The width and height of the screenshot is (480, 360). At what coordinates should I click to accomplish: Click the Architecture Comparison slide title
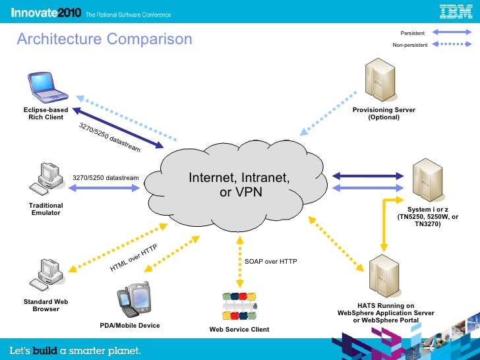tap(104, 40)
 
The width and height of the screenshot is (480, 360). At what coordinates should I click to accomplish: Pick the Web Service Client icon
tap(239, 305)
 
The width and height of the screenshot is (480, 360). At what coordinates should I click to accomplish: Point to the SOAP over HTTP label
tap(271, 262)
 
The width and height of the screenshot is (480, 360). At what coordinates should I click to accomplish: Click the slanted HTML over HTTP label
tap(134, 258)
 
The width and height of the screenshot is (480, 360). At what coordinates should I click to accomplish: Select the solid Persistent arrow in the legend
tap(452, 32)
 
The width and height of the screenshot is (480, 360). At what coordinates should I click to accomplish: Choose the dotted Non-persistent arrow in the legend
tap(452, 45)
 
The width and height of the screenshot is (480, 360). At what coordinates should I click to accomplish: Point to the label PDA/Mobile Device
tap(130, 326)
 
